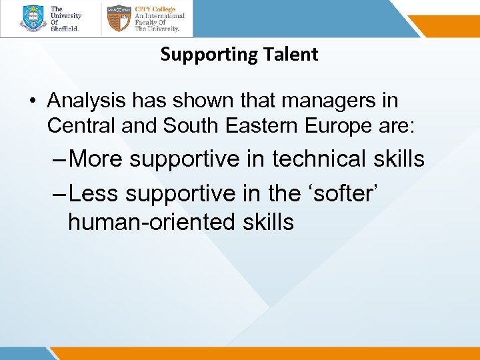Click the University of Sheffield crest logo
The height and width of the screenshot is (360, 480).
(33, 18)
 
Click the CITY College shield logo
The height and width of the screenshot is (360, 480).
(119, 18)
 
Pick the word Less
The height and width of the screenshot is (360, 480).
(94, 193)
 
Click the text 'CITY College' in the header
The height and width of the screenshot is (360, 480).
(155, 10)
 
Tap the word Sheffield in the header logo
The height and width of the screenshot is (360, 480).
(65, 29)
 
